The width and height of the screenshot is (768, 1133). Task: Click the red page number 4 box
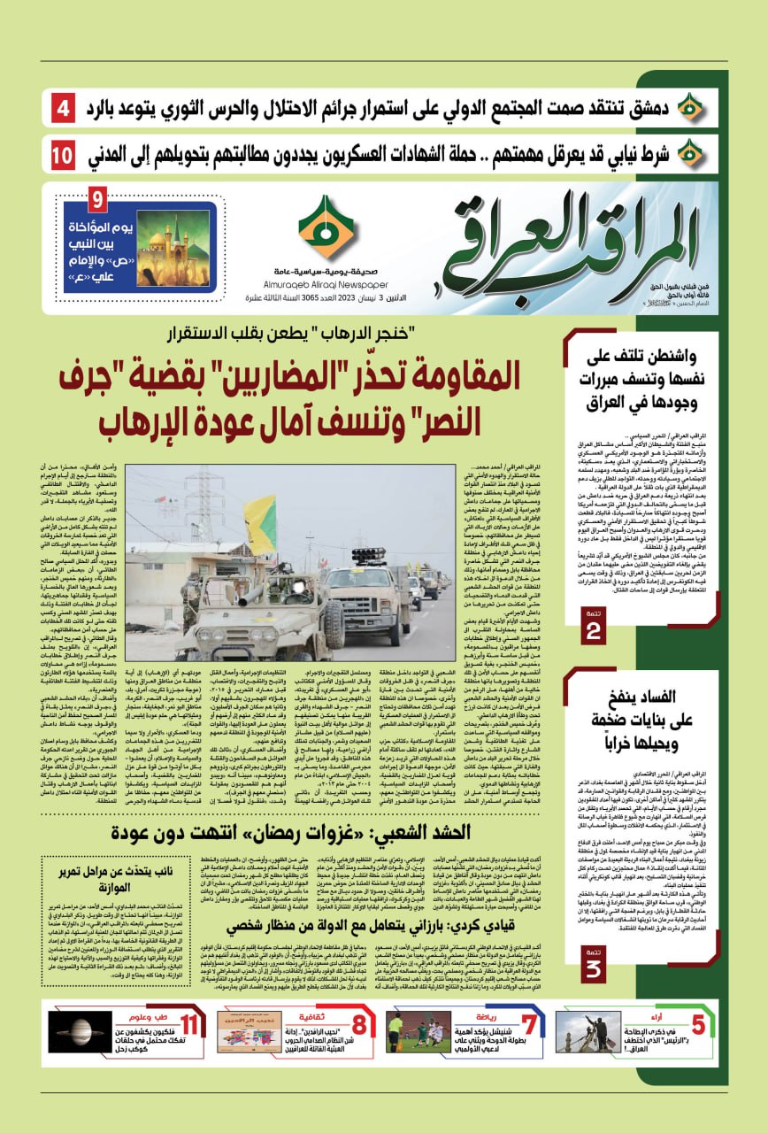pyautogui.click(x=65, y=111)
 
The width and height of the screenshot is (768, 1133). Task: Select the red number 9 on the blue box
pyautogui.click(x=96, y=198)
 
